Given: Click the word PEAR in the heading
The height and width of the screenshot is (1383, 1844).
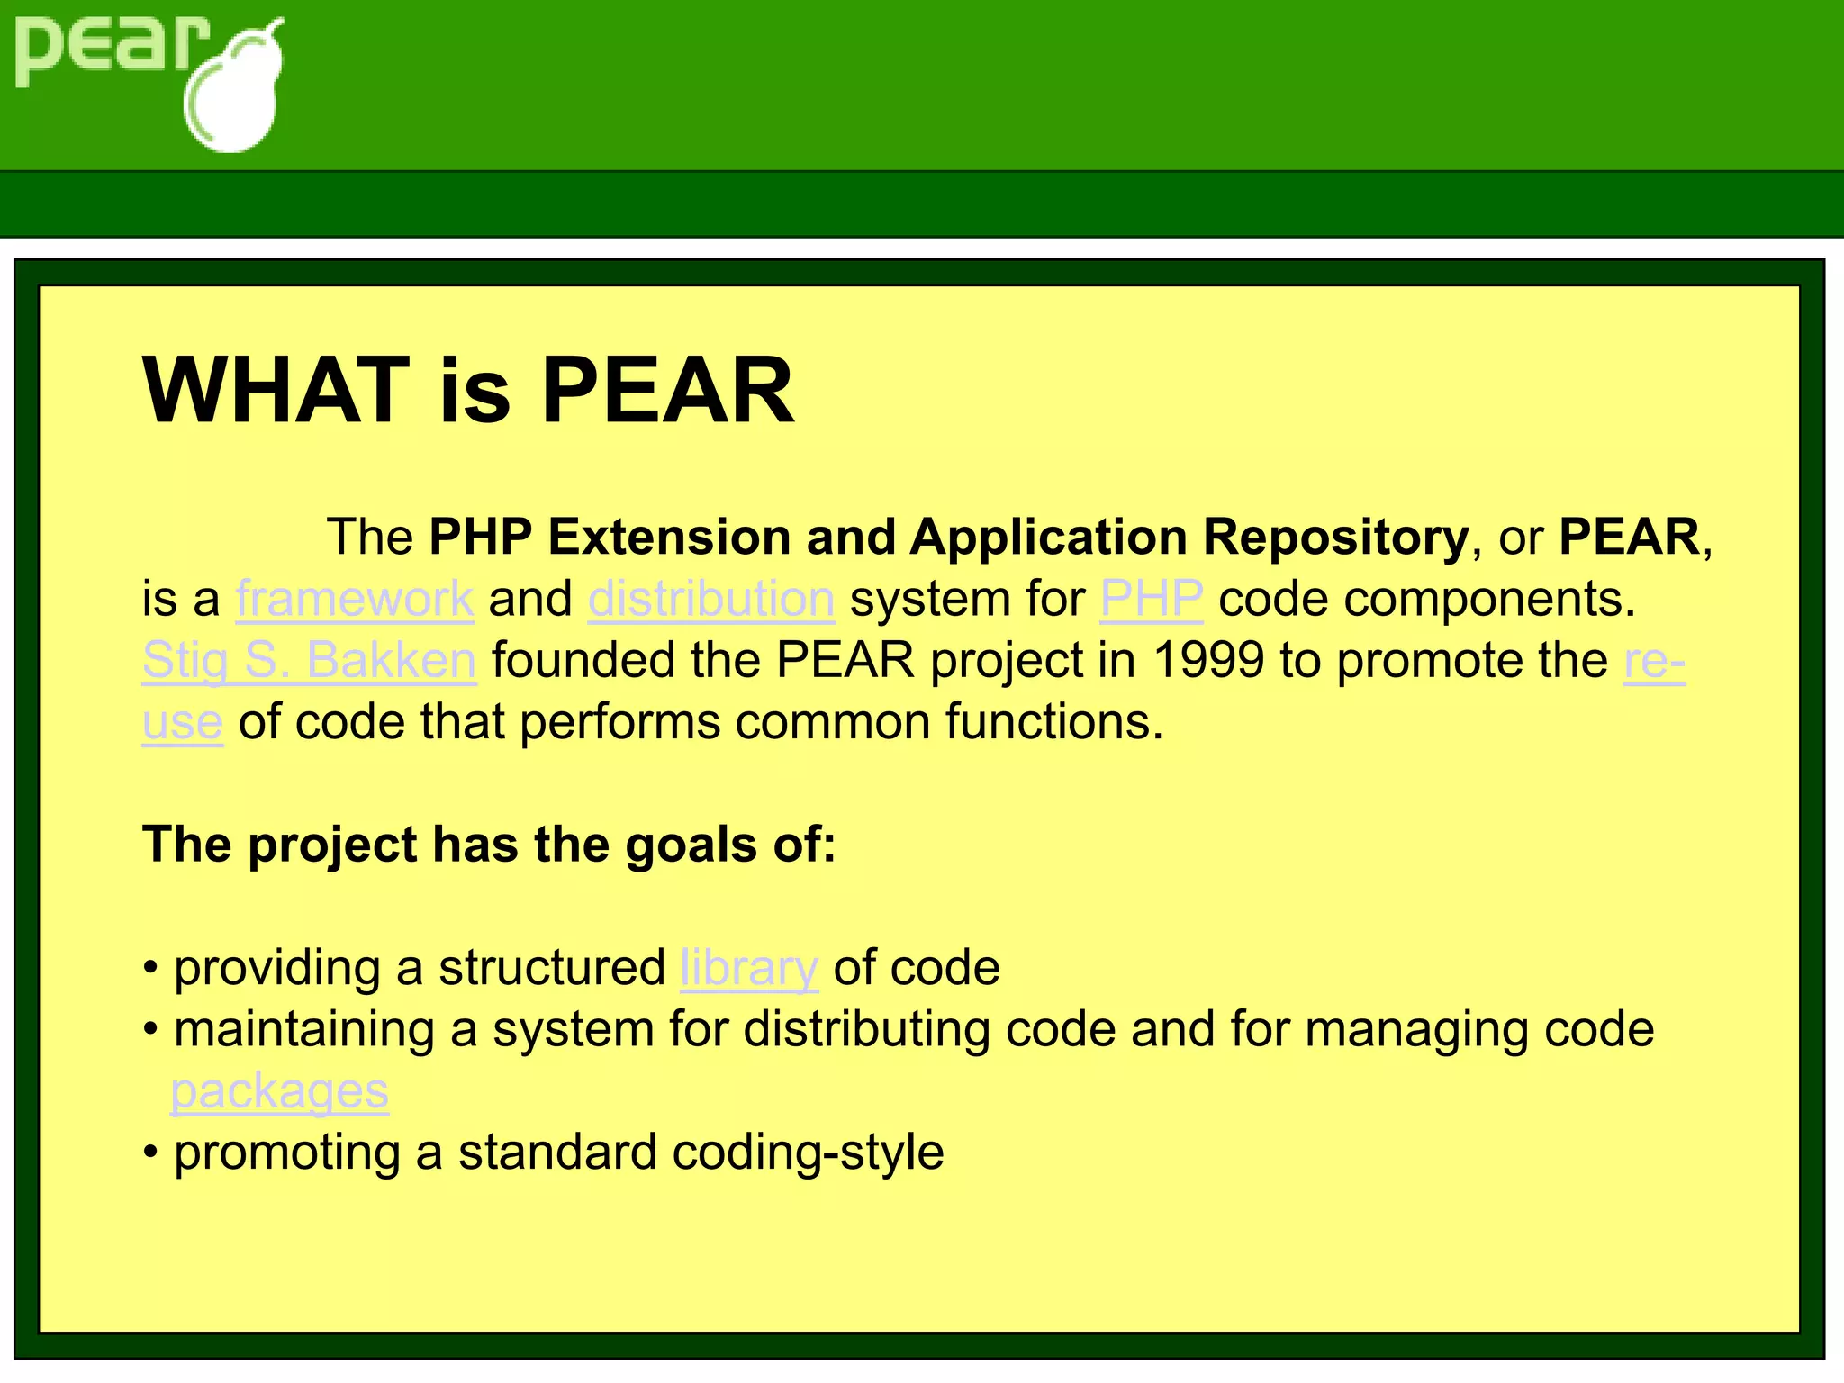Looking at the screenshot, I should pyautogui.click(x=667, y=391).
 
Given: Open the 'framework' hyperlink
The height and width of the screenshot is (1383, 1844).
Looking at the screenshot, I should pyautogui.click(x=355, y=599).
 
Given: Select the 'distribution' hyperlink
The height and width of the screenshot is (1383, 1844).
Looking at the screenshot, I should pyautogui.click(x=711, y=599).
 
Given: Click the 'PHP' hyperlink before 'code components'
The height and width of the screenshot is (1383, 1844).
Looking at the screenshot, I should pyautogui.click(x=1152, y=599).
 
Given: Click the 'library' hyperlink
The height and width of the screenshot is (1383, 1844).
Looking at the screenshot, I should pyautogui.click(x=749, y=968).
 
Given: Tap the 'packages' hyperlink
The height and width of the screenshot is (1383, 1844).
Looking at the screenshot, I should pyautogui.click(x=280, y=1091).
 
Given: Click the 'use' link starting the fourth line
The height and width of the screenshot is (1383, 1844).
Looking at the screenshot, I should pyautogui.click(x=182, y=722).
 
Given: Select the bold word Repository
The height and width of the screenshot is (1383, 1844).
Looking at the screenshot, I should pyautogui.click(x=1335, y=538).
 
